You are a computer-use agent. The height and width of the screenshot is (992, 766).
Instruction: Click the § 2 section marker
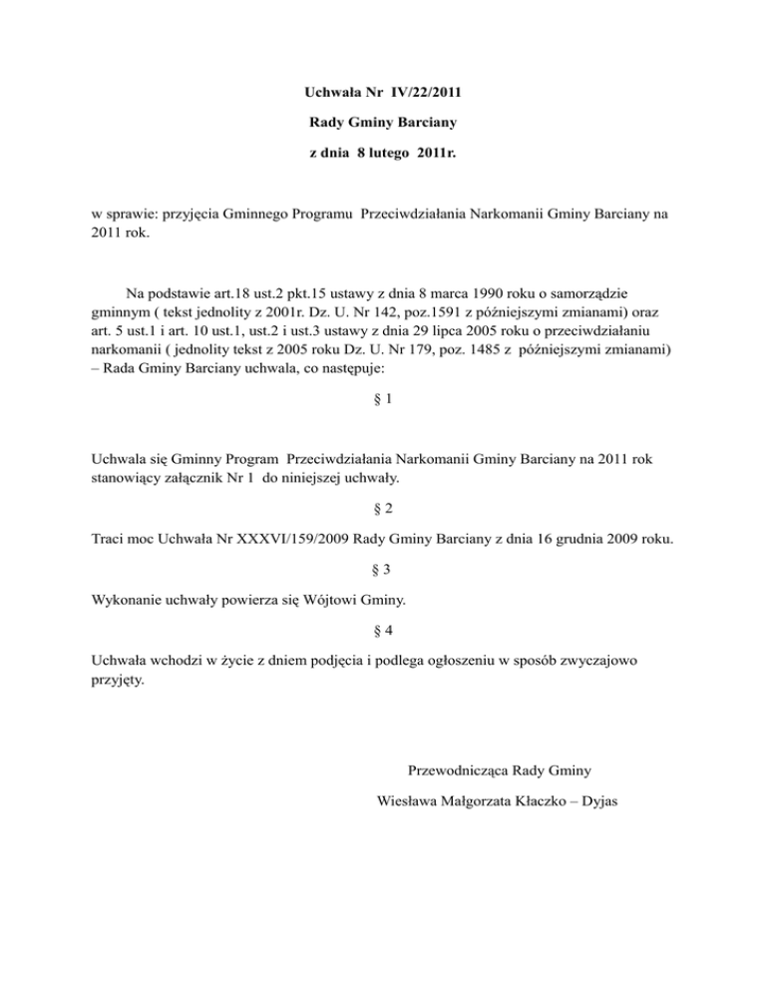tap(382, 508)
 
